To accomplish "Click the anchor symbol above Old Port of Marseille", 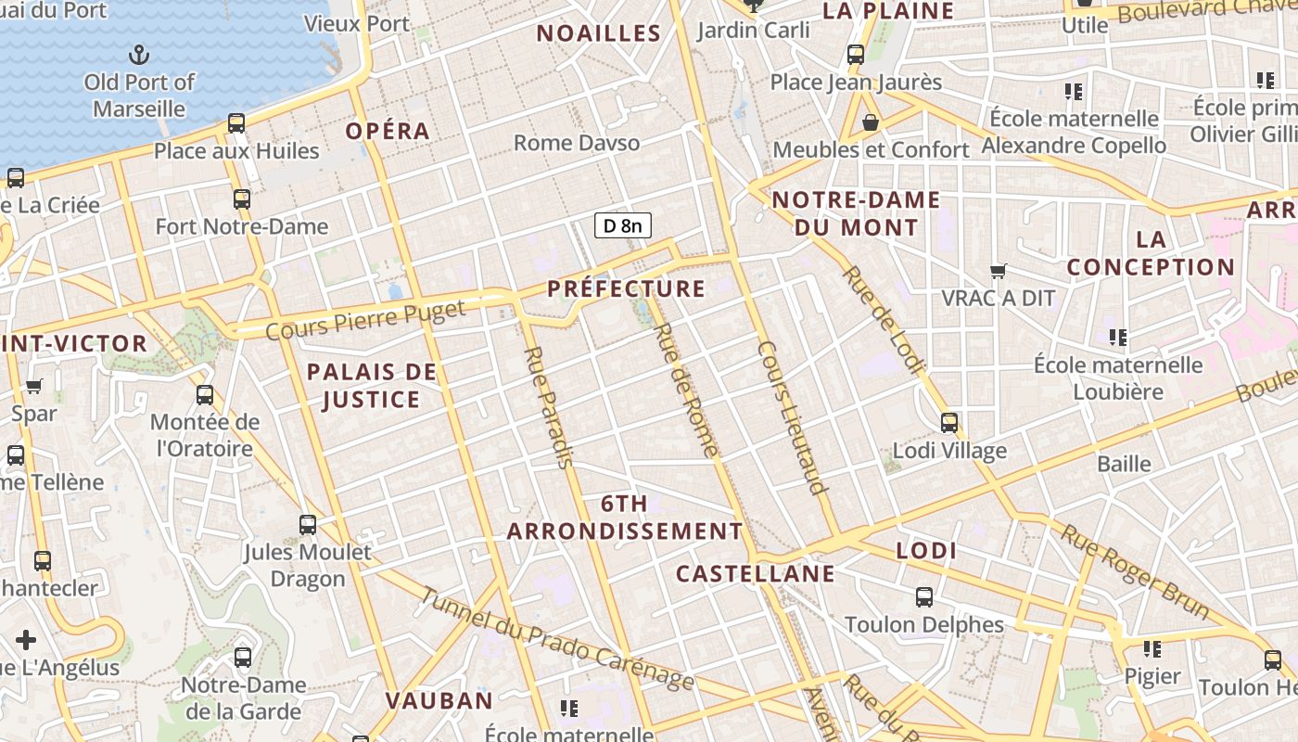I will (x=139, y=54).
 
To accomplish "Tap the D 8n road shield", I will (x=623, y=225).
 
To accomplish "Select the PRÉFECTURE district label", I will (x=626, y=288).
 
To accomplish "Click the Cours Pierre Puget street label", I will (x=365, y=318).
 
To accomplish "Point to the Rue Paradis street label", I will (x=549, y=407).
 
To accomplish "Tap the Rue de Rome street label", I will (x=686, y=390).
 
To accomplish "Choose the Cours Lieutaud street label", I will (x=792, y=417).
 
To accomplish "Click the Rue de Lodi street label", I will (x=883, y=320).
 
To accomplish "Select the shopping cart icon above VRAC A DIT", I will (x=999, y=271).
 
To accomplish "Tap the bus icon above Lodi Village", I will (x=949, y=423).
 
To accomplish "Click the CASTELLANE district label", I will (x=755, y=574).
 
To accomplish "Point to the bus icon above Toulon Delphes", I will (x=924, y=596).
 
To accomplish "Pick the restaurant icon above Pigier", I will (x=1152, y=649).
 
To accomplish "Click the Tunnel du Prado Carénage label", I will (x=556, y=639).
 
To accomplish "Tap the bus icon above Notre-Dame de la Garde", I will (x=243, y=658).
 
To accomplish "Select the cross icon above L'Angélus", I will (x=26, y=640).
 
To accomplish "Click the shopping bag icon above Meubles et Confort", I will (x=871, y=122).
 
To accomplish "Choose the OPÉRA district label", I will (x=388, y=132).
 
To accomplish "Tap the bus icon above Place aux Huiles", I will (x=236, y=123).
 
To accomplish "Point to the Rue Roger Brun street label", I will (x=1135, y=571).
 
